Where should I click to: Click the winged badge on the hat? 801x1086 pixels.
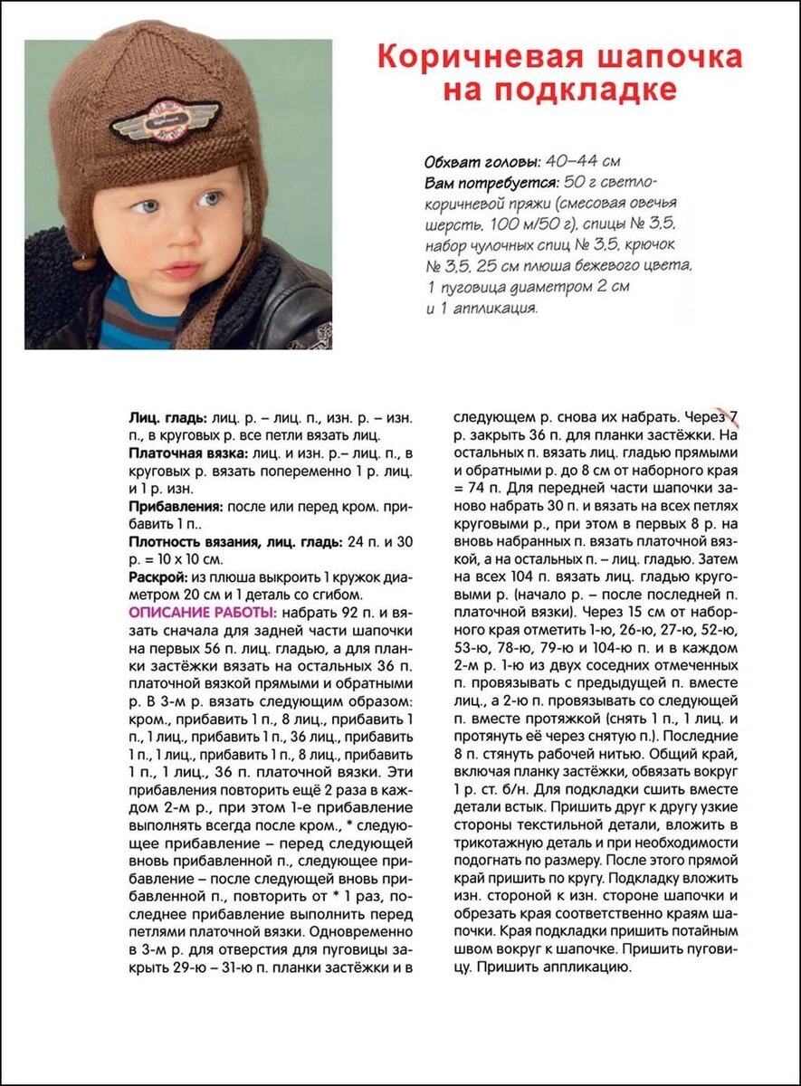tap(166, 119)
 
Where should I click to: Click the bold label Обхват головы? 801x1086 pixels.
tap(482, 162)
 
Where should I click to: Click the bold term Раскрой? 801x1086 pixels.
tap(157, 576)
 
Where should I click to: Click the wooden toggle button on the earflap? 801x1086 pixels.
tap(84, 262)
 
